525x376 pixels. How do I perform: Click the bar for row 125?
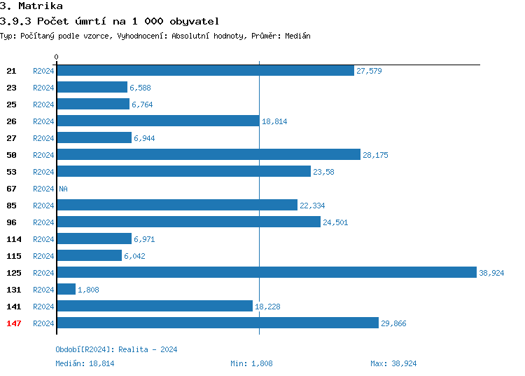click(266, 272)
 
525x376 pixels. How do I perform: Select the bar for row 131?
click(66, 289)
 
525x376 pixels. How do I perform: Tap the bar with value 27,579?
click(205, 70)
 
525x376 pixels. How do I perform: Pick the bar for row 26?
click(157, 121)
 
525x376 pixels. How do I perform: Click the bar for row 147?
click(217, 323)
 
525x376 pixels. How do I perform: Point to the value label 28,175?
click(375, 155)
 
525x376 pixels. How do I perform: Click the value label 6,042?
click(136, 256)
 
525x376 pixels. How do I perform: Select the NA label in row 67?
click(63, 189)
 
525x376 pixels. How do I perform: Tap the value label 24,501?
click(335, 222)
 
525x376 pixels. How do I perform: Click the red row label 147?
click(14, 323)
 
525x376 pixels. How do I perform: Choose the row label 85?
click(11, 206)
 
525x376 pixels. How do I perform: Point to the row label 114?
click(14, 239)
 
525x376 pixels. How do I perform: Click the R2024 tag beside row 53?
click(43, 172)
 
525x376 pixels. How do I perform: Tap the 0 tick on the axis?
click(57, 57)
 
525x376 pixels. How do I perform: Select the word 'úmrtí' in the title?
click(87, 21)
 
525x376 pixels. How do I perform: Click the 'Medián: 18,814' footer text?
click(85, 363)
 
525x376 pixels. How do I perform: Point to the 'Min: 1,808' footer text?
click(251, 363)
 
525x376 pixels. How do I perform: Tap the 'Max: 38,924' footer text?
click(393, 363)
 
